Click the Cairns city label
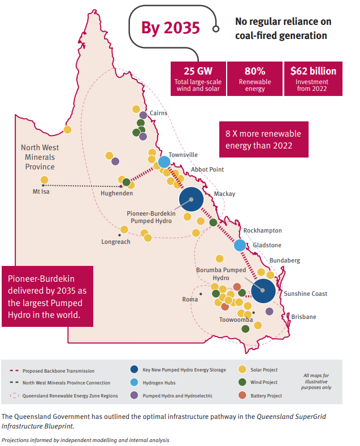158,113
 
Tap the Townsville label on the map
183,154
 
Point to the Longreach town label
116,242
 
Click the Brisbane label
303,317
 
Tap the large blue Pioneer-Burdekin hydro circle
192,199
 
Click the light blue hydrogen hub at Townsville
164,162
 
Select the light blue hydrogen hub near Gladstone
240,245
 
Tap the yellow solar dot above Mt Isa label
44,180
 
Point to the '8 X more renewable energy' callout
263,139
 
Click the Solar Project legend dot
242,370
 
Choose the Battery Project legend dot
242,396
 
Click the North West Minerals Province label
40,157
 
